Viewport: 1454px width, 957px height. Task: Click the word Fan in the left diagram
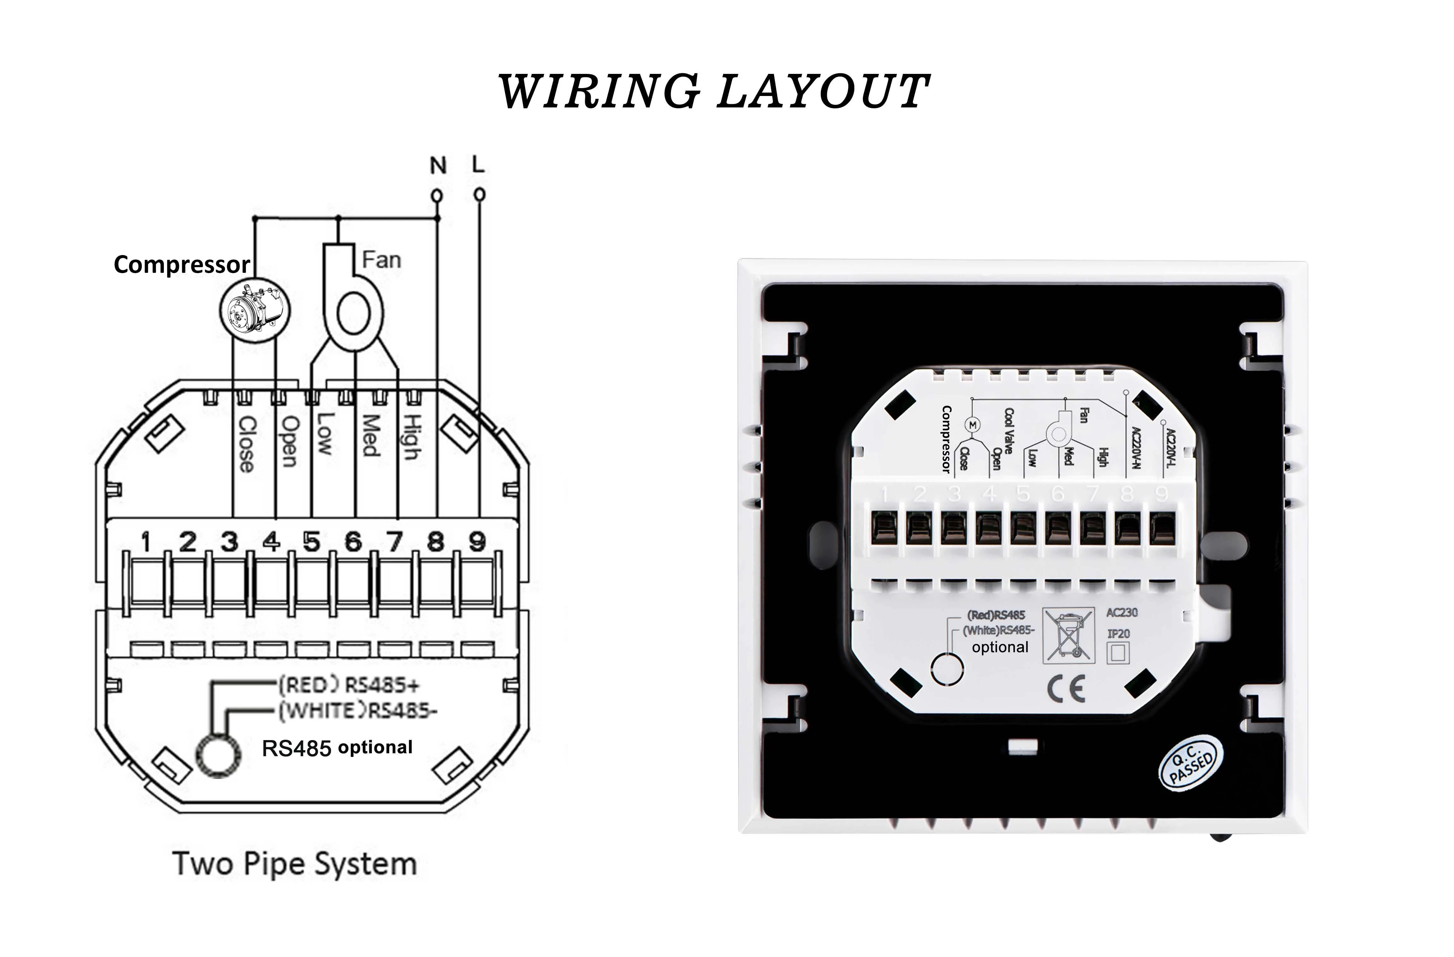click(x=381, y=260)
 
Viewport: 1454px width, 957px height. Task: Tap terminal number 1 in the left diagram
click(x=145, y=541)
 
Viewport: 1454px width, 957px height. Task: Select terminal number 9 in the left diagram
click(x=477, y=541)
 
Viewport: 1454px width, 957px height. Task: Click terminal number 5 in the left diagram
click(x=312, y=541)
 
